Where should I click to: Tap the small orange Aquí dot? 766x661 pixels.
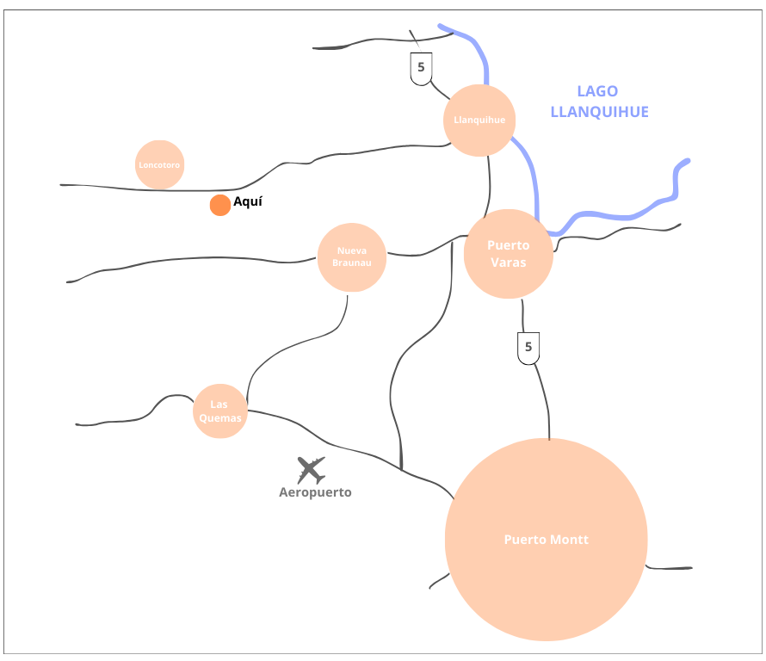pos(220,205)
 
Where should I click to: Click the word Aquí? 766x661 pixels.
pos(248,202)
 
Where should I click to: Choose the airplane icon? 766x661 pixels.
pos(311,470)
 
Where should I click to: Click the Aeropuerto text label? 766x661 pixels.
pos(315,493)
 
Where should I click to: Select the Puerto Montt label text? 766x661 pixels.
pos(546,540)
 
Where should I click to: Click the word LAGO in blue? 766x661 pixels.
pos(597,91)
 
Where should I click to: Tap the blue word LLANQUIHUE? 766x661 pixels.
pos(599,112)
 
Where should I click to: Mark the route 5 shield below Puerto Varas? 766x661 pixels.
pos(528,349)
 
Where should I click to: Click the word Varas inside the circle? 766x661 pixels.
pos(508,262)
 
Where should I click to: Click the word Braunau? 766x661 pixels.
pos(353,263)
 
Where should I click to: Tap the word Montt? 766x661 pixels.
pos(571,540)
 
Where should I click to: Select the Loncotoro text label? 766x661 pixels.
pos(159,164)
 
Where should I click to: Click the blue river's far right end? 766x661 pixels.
pos(686,161)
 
